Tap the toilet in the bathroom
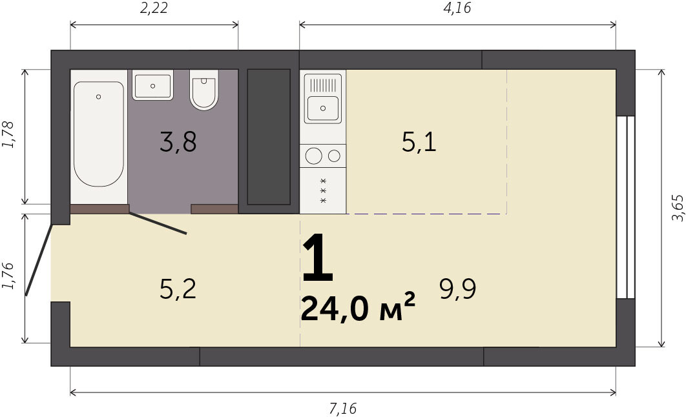204,90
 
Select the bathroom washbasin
152,85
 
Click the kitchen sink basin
323,108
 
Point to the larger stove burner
314,156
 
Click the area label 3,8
178,141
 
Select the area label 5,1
419,141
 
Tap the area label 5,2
178,289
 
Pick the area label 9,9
457,289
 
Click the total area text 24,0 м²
358,308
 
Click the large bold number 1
318,258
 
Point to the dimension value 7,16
342,409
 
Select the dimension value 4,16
457,8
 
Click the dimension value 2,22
154,8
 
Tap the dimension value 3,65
677,208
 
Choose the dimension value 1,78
8,135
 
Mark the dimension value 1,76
8,276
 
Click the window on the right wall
626,207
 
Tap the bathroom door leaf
158,223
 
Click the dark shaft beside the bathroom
269,136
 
